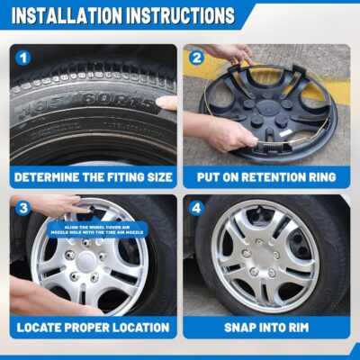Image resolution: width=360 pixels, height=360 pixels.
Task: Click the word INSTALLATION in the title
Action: coord(65,17)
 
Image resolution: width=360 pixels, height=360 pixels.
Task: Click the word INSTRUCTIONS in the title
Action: coord(179,17)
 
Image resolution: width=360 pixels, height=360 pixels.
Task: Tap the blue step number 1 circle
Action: coord(23,58)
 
